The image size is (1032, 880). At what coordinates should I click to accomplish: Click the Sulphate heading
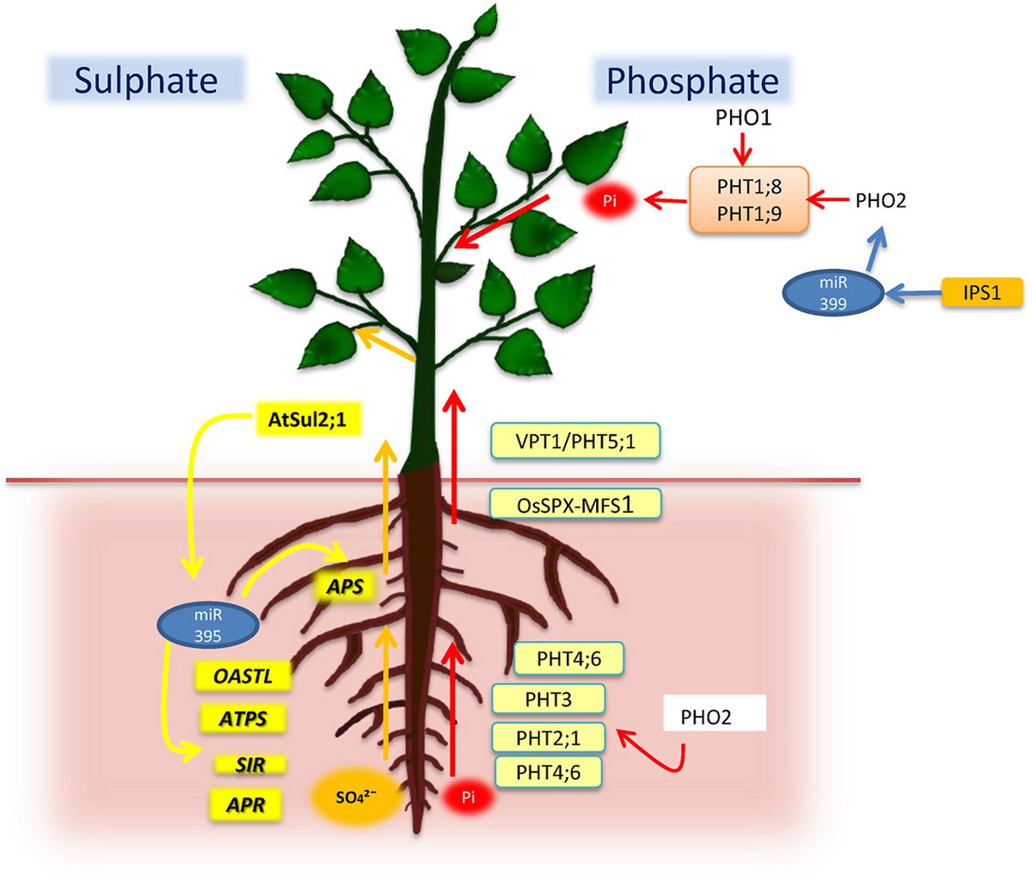point(144,81)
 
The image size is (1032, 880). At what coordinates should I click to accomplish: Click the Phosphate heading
point(692,81)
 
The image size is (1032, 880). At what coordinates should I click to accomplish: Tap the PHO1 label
point(743,118)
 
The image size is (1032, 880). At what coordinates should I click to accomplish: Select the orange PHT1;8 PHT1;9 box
point(749,199)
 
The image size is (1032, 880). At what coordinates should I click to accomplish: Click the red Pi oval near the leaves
point(610,201)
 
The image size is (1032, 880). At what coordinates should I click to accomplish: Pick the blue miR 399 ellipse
point(832,293)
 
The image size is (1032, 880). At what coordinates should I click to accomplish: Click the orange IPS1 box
point(982,292)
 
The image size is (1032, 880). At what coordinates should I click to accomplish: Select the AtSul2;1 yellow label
point(307,420)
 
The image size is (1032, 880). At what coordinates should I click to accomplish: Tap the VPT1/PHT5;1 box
point(574,441)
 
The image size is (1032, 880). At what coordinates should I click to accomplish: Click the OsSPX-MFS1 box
point(575,504)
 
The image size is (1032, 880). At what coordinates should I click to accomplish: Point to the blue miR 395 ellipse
point(207,626)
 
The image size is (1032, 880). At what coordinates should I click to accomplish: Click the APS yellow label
point(345,587)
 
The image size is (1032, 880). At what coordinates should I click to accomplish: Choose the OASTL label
point(243,676)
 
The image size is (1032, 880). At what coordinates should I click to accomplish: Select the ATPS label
point(243,718)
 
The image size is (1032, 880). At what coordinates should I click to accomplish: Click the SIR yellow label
point(249,763)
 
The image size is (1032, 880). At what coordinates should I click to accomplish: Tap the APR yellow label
point(245,805)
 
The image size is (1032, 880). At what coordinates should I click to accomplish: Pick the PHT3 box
point(548,699)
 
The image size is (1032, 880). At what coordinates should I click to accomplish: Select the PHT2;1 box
point(548,736)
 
